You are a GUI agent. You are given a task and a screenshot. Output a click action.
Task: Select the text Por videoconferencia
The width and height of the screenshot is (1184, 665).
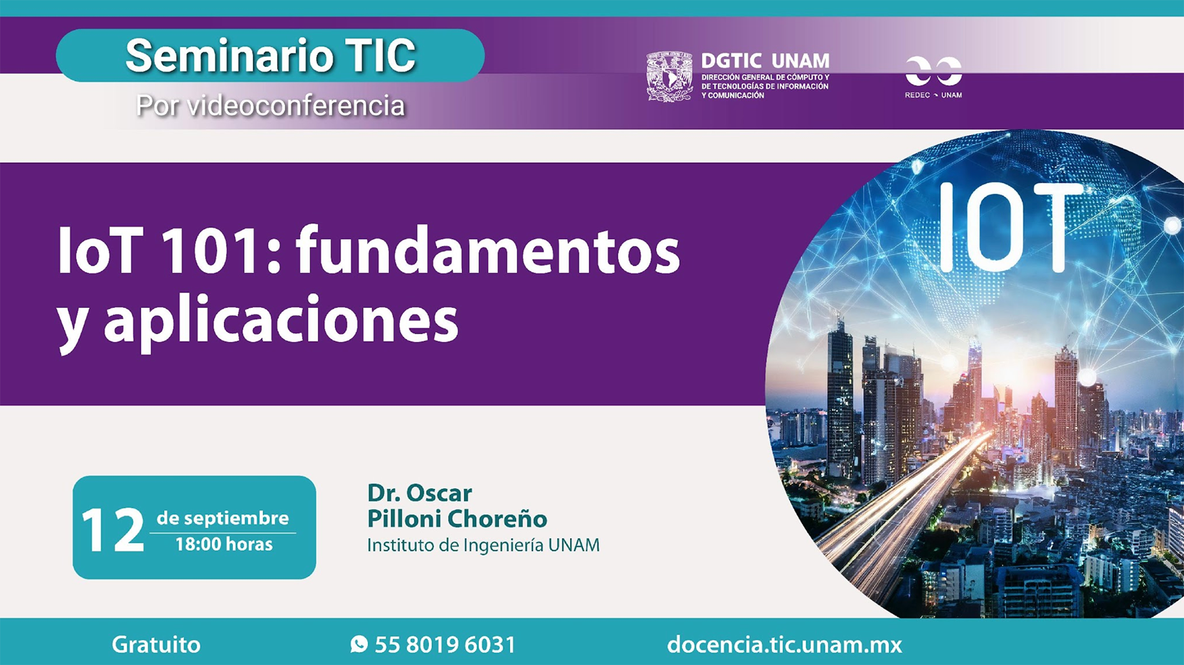pos(270,105)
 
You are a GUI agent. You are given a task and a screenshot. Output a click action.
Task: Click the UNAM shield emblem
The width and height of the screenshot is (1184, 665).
pos(669,77)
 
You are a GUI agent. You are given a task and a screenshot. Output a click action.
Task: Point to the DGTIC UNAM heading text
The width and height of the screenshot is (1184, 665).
pos(765,61)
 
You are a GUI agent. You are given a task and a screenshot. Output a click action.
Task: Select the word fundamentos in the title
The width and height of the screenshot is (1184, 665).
pos(488,250)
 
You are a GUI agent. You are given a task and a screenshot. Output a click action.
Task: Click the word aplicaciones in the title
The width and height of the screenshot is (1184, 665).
pos(281,322)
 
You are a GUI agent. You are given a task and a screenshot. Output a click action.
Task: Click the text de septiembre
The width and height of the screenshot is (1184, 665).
pos(223,518)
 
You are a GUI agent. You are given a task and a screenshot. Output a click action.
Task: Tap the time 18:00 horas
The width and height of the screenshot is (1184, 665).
pos(224,544)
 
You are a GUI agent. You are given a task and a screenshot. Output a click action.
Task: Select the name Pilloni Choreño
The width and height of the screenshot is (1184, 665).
pos(457,519)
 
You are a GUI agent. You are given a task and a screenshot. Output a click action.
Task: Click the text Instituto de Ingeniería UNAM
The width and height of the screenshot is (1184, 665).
pos(483,545)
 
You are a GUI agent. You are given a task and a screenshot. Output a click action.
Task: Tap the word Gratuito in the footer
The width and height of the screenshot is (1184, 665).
pos(156,644)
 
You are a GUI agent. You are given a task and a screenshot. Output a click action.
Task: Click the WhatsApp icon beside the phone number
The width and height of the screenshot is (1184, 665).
pos(359,644)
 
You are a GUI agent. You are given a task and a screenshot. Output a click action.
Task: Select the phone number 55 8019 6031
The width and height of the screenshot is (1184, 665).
pos(445,644)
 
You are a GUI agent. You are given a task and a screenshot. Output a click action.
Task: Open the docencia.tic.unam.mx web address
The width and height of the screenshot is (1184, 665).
pos(785,644)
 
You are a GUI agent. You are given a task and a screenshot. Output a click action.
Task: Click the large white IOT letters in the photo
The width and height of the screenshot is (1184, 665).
pos(1010,227)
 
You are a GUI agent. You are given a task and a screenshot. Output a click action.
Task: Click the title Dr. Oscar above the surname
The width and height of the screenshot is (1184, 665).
pos(419,493)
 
